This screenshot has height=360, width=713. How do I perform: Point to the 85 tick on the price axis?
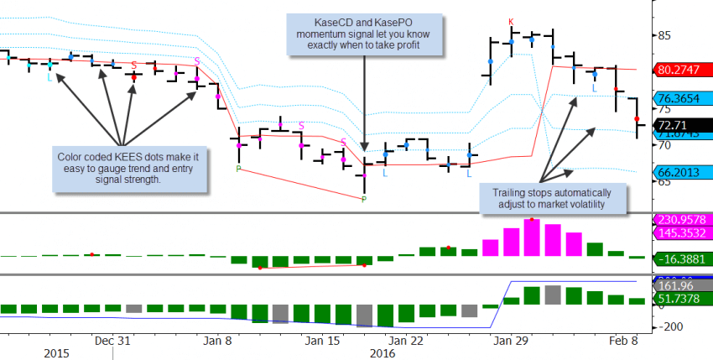click(x=667, y=35)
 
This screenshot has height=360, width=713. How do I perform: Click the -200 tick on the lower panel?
click(x=670, y=326)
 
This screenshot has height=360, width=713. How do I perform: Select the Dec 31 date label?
click(x=112, y=341)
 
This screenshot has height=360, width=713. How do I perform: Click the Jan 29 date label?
click(x=509, y=341)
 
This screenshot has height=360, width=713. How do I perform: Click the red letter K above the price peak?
click(x=511, y=22)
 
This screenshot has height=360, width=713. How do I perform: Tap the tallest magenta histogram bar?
click(x=531, y=237)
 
